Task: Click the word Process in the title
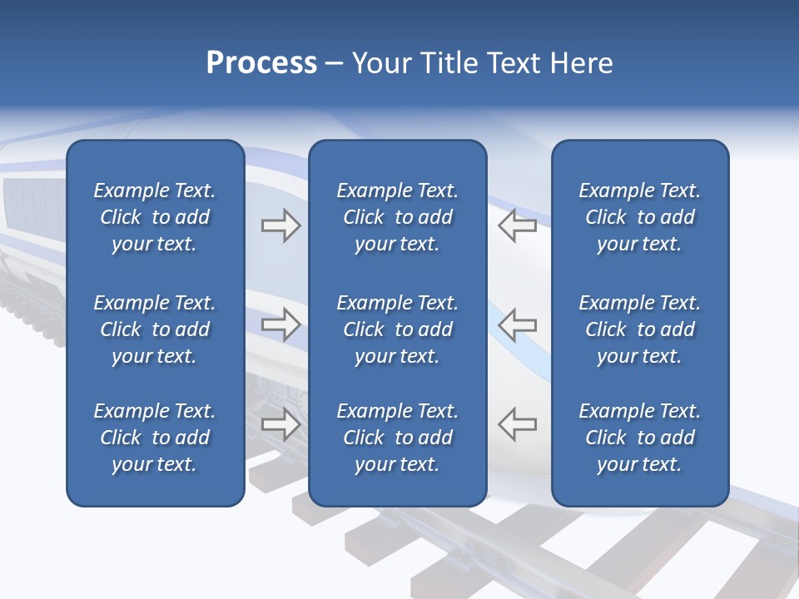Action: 261,63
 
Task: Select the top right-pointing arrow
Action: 281,225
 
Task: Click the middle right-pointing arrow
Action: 281,324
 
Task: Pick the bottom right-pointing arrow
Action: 281,424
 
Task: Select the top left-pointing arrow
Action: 517,225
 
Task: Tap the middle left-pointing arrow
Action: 517,324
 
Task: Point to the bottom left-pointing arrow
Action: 517,424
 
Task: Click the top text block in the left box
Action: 155,217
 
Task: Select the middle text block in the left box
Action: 155,329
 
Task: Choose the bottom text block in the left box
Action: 155,438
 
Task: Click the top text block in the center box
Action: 397,217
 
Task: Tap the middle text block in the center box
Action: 397,329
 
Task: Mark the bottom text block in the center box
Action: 397,438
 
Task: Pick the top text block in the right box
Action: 639,217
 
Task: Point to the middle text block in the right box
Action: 639,329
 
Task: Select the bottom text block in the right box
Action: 639,438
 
